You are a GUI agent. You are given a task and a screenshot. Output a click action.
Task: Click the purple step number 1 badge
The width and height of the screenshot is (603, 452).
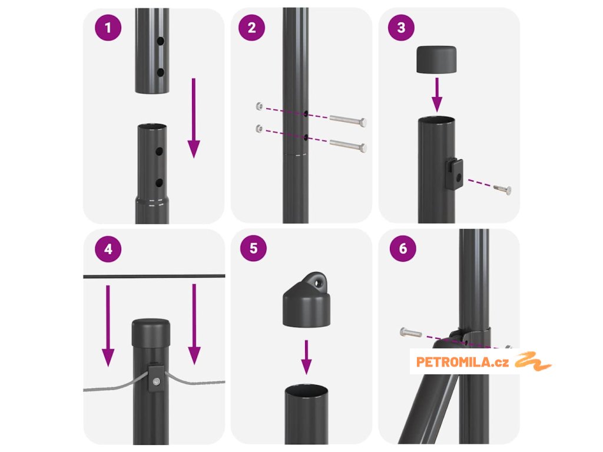(x=108, y=28)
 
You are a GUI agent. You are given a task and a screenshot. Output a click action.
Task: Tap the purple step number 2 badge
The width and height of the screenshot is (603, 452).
(x=251, y=28)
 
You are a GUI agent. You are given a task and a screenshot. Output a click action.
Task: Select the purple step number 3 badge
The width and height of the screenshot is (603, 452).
(x=401, y=27)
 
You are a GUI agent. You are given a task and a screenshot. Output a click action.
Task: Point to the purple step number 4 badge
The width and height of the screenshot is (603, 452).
(x=108, y=249)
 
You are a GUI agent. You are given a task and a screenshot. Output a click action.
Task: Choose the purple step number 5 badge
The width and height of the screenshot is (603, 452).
(x=253, y=248)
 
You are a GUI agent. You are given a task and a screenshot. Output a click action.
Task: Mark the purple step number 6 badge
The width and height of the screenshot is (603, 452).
(x=403, y=248)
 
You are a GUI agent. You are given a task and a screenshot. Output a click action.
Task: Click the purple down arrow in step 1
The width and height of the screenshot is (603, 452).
(x=194, y=118)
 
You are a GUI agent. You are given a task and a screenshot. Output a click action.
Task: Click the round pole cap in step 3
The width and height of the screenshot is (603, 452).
(x=436, y=59)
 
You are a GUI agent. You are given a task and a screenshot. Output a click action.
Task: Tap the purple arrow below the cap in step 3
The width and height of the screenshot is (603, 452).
(x=437, y=95)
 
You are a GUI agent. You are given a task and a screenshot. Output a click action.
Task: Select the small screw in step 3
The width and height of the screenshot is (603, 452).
(x=502, y=189)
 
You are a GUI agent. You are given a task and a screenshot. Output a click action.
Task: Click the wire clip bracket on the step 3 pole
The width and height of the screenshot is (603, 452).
(x=454, y=174)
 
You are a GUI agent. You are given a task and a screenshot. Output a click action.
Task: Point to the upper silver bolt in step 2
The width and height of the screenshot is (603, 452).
(x=348, y=120)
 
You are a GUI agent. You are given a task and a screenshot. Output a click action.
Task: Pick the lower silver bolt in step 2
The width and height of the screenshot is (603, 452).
(x=348, y=145)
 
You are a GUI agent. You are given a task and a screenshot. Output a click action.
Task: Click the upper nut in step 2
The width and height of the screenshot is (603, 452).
(x=260, y=106)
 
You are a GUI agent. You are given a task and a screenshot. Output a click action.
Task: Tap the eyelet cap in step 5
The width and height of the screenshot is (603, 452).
(x=306, y=300)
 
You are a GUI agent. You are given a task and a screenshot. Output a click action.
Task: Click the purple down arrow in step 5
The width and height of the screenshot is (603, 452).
(x=306, y=357)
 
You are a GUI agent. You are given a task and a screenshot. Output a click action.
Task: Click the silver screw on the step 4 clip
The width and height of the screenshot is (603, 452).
(x=156, y=382)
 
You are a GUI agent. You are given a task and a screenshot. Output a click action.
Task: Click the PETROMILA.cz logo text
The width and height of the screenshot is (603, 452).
(x=462, y=362)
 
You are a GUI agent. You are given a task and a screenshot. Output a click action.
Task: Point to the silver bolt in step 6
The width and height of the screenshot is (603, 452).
(x=410, y=333)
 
